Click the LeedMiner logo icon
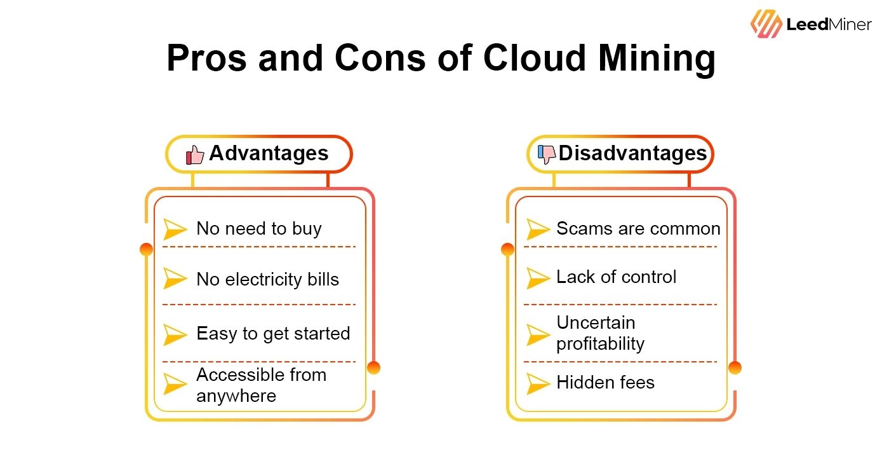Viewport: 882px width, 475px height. click(766, 24)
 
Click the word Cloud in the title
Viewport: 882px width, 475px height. click(534, 58)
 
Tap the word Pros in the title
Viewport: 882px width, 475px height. click(206, 58)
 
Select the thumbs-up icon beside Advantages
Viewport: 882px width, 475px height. click(195, 155)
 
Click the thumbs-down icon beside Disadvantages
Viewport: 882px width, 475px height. click(547, 154)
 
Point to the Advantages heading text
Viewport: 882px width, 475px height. click(269, 153)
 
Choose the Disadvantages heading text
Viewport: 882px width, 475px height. click(632, 153)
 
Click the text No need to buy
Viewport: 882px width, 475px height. click(258, 229)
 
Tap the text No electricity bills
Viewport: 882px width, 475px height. click(267, 280)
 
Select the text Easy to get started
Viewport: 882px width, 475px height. click(273, 333)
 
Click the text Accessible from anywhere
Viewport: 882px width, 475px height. click(261, 385)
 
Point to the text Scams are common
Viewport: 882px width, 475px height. click(638, 229)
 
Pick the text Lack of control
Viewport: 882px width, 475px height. click(616, 277)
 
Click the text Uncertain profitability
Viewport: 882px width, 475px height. click(600, 333)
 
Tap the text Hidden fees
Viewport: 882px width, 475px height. click(605, 382)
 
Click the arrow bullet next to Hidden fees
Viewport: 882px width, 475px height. click(538, 383)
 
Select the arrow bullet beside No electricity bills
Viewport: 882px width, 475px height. click(175, 279)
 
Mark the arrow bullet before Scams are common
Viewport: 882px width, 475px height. click(538, 230)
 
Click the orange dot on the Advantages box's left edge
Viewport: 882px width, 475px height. click(146, 249)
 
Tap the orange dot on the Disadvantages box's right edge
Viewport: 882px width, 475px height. click(735, 368)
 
